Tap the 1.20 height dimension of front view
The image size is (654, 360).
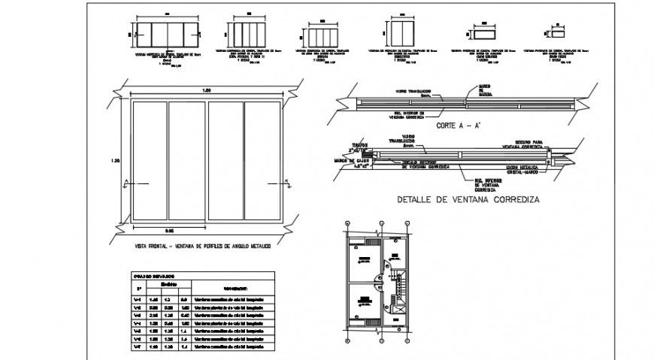[x=115, y=160]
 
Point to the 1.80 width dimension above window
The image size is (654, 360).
[x=206, y=91]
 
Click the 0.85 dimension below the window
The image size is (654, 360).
[x=171, y=230]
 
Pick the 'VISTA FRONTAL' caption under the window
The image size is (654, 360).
[x=204, y=246]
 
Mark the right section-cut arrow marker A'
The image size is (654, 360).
[x=287, y=183]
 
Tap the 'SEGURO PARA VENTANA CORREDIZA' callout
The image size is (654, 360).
[x=525, y=143]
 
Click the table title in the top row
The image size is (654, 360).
[x=153, y=276]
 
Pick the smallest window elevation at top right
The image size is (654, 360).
[x=557, y=33]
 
